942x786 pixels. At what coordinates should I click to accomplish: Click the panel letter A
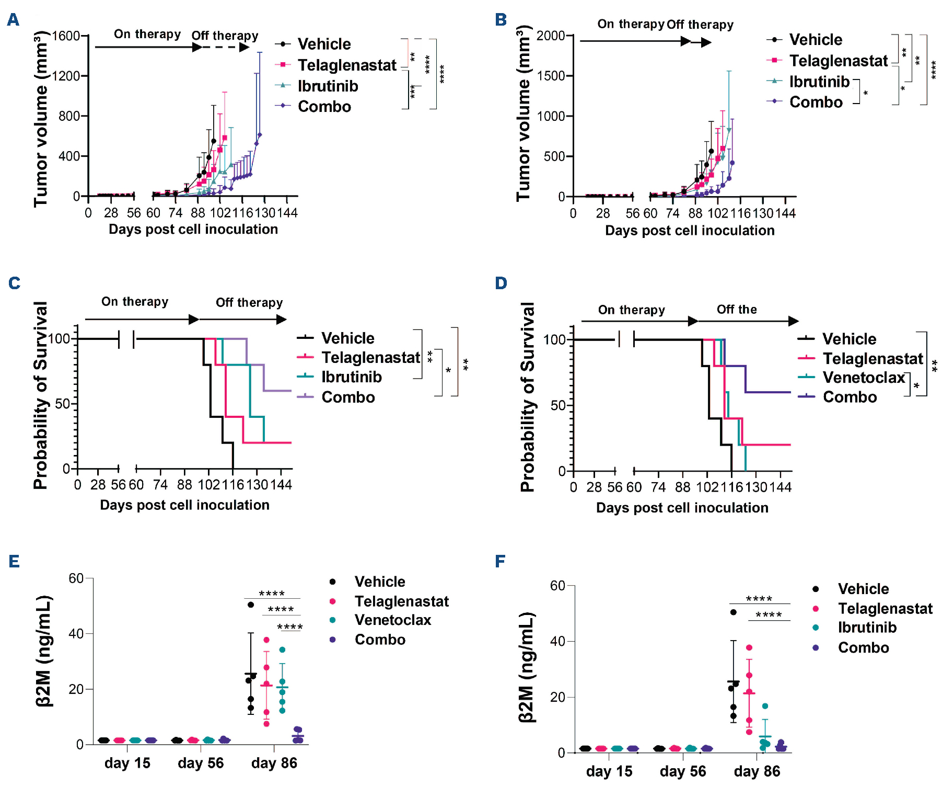point(13,20)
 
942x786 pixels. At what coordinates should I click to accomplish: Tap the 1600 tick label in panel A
point(66,36)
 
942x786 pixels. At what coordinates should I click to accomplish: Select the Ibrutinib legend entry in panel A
point(328,86)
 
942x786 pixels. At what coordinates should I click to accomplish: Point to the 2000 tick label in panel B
point(551,36)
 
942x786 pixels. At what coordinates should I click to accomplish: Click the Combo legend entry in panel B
point(816,102)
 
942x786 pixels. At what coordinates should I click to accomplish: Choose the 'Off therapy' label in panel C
point(249,302)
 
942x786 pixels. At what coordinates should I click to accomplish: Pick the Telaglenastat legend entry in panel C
point(370,358)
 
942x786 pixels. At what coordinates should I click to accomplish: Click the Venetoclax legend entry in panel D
point(864,377)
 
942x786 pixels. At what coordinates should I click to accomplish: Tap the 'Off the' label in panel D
point(737,310)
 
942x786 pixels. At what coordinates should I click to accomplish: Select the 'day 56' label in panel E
point(201,763)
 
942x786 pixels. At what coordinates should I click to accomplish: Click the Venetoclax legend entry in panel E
point(393,620)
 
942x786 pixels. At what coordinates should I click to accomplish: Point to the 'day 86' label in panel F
point(757,771)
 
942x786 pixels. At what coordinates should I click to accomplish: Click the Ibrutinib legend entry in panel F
point(867,628)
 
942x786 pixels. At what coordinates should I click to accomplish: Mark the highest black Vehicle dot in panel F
point(734,612)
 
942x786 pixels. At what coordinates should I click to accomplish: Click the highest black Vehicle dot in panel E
point(251,605)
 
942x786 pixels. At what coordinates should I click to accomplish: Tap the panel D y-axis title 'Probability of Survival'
point(527,397)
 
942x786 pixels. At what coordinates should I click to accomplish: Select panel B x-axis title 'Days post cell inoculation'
point(690,231)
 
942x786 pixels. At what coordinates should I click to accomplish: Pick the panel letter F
point(500,561)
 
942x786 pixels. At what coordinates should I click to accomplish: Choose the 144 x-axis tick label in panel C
point(281,485)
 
